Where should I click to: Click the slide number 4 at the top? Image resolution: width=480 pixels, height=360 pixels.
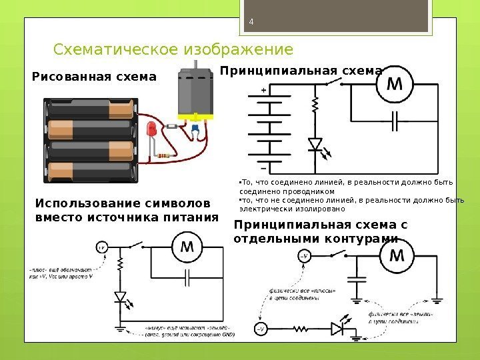pyautogui.click(x=251, y=20)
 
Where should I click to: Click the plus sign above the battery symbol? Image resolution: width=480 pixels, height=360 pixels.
pyautogui.click(x=265, y=89)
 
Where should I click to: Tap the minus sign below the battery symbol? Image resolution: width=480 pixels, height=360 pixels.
pyautogui.click(x=265, y=161)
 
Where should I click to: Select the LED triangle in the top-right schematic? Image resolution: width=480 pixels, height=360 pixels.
pyautogui.click(x=315, y=143)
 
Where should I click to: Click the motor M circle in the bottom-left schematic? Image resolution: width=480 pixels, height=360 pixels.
pyautogui.click(x=187, y=248)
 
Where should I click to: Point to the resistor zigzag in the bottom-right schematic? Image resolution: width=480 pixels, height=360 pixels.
pyautogui.click(x=301, y=329)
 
